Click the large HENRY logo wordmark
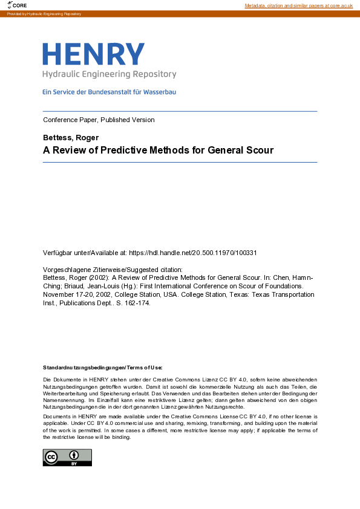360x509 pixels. [93, 54]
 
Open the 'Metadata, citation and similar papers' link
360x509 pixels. [298, 5]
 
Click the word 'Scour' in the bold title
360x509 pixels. [260, 150]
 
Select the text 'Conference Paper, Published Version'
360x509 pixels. [99, 120]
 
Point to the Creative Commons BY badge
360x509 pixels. [67, 458]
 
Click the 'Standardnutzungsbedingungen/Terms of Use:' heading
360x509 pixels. [103, 368]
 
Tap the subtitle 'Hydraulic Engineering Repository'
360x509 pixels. [109, 74]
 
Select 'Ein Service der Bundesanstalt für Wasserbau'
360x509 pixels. [109, 92]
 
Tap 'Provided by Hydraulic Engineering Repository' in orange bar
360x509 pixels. [44, 13]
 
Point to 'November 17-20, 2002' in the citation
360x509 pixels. [75, 294]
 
